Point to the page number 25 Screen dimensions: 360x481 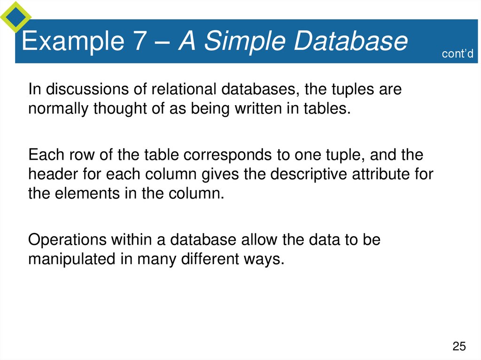click(x=459, y=347)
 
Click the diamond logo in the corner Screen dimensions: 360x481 click(x=16, y=16)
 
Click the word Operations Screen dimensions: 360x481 click(x=67, y=240)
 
